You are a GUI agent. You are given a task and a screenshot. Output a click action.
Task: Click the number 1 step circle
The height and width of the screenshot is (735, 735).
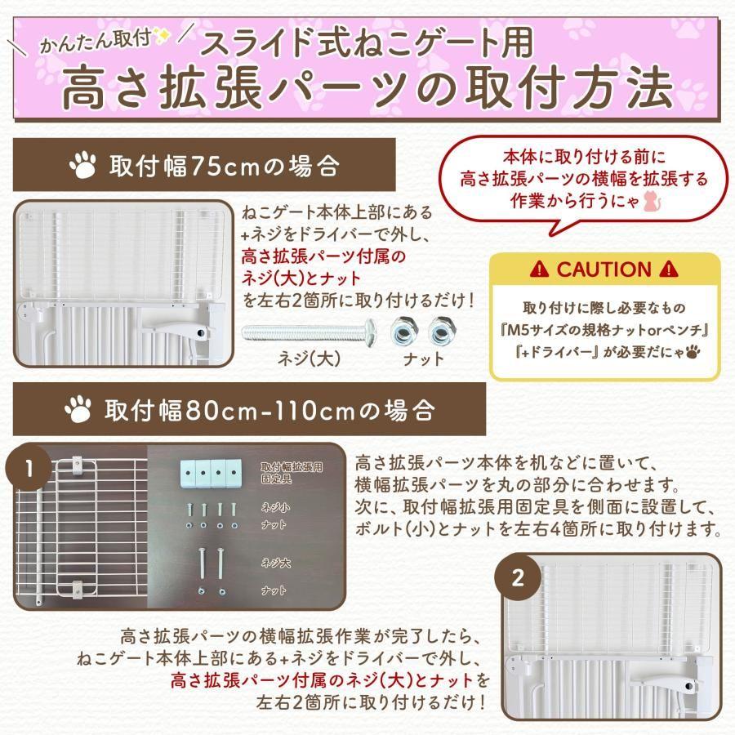[x=29, y=470]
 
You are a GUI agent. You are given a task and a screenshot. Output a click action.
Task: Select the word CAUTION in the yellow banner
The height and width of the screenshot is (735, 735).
[x=605, y=269]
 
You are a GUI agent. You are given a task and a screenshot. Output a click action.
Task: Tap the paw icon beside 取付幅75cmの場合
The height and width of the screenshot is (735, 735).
[x=82, y=167]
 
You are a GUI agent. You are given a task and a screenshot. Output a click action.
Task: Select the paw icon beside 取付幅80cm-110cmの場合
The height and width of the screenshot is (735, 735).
[x=82, y=408]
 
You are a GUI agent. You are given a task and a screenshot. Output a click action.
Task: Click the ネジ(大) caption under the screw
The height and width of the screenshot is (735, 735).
[x=310, y=359]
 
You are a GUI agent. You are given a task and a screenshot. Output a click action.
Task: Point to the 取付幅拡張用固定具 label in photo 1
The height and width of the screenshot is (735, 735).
[x=284, y=470]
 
